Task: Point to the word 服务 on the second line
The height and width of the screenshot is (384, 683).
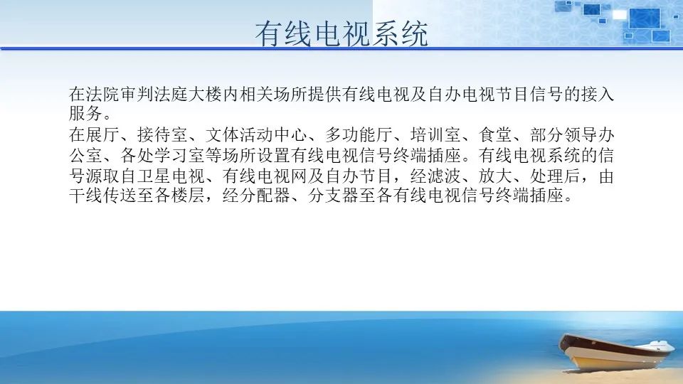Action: click(x=86, y=113)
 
